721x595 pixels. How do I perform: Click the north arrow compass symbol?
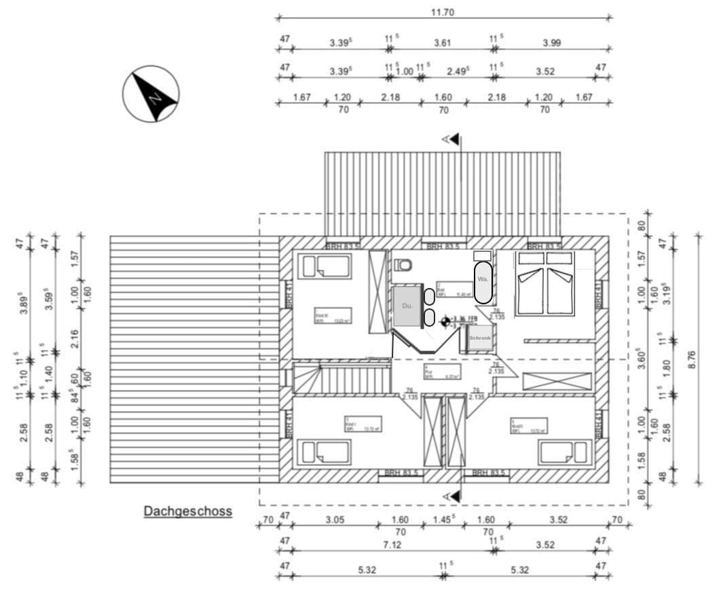point(151,94)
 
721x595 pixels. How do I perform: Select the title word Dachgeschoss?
point(187,511)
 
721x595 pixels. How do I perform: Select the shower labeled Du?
point(407,307)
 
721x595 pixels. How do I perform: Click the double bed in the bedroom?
point(544,283)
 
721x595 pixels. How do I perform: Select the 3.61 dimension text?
point(443,42)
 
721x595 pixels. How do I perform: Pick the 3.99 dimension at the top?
point(552,42)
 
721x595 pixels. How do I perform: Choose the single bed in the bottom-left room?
point(325,452)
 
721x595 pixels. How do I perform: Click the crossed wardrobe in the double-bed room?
point(557,381)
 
